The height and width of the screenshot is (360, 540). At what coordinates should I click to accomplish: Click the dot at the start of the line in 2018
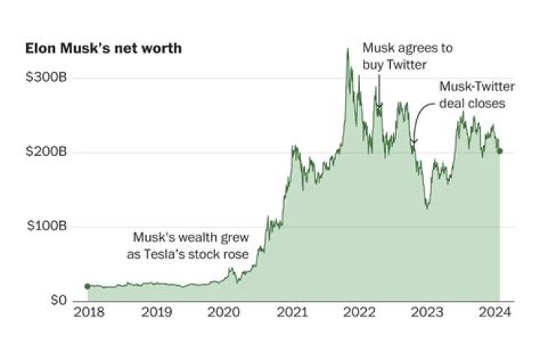[87, 286]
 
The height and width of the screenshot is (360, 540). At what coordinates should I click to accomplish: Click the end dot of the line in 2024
[500, 151]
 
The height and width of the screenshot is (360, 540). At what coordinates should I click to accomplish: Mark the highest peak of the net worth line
[347, 49]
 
